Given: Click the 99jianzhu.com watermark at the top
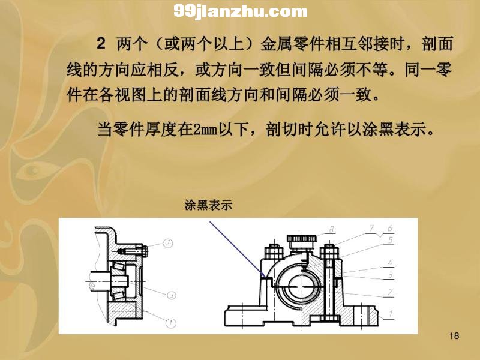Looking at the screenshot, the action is click(x=241, y=11).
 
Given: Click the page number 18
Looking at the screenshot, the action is click(x=454, y=336).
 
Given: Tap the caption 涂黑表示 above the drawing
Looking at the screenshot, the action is click(x=208, y=205).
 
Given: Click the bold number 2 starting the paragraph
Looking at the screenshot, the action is click(x=101, y=43).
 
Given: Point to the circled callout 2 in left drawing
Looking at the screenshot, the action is click(x=168, y=244).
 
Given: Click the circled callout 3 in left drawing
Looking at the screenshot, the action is click(x=172, y=295).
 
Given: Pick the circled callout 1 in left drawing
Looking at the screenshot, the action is click(x=171, y=323).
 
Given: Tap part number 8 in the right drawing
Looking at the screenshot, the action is click(x=332, y=229).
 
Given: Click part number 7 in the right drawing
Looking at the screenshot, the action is click(x=371, y=228).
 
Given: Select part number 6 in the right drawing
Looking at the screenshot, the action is click(x=389, y=228).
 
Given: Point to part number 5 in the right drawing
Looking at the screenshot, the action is click(x=391, y=239).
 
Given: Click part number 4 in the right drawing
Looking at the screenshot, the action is click(x=390, y=263).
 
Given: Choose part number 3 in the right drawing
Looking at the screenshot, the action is click(x=391, y=275).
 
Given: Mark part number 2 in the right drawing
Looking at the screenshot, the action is click(x=390, y=292).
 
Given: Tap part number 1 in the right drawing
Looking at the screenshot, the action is click(x=391, y=314).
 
